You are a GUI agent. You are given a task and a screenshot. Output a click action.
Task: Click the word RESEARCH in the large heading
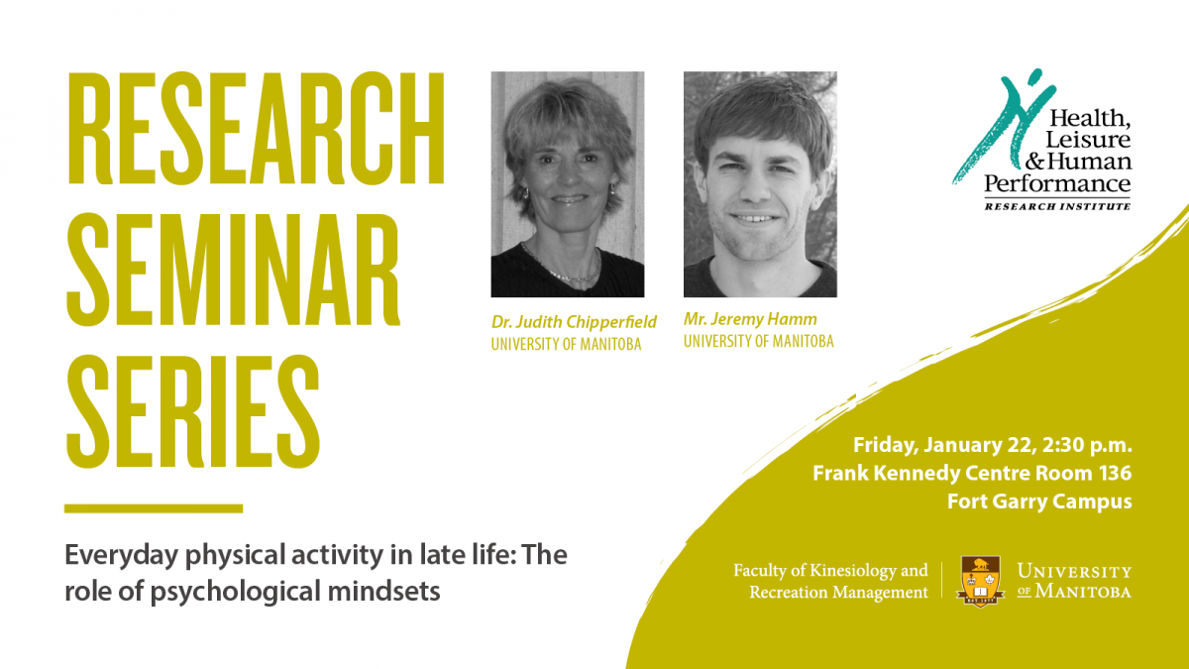click(256, 128)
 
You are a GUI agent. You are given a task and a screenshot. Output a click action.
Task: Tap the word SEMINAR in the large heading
click(233, 270)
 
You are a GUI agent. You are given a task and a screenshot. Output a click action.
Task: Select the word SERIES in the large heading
click(193, 411)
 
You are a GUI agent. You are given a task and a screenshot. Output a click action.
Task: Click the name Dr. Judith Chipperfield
click(574, 322)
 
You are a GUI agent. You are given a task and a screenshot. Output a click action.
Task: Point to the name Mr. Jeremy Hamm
click(750, 319)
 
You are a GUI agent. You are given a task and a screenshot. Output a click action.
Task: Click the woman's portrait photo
click(568, 184)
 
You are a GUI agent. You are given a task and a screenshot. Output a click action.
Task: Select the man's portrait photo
click(760, 184)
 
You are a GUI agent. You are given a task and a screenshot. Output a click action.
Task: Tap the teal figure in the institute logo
click(1003, 126)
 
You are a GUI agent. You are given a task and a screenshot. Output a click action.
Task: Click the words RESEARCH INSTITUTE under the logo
click(1057, 206)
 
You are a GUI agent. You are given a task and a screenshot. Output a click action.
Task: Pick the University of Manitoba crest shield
click(980, 582)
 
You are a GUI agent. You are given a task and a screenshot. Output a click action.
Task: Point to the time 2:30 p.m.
click(1087, 445)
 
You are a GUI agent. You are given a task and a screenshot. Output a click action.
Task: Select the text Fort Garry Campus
click(1039, 502)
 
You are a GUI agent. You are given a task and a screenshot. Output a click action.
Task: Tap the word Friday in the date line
click(886, 445)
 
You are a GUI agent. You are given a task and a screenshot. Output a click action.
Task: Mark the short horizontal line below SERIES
click(154, 508)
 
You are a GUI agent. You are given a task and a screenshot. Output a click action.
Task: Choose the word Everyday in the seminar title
click(121, 555)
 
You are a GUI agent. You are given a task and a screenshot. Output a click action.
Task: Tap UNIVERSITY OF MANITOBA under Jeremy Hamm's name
click(759, 341)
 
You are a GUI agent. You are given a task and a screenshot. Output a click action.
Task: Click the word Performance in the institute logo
click(1057, 183)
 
